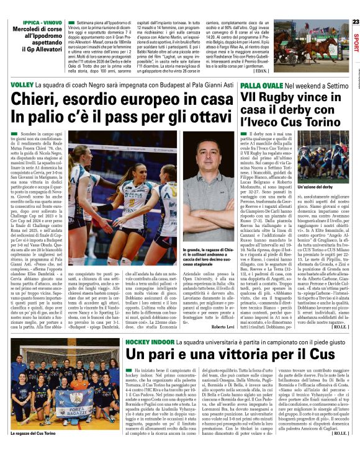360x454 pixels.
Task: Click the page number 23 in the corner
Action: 354,5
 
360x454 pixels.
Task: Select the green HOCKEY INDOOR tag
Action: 149,341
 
